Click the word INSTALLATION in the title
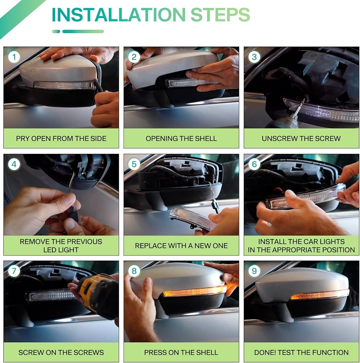(x=118, y=15)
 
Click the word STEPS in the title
(x=220, y=15)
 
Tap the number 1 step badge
(x=14, y=57)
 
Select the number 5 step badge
(x=134, y=164)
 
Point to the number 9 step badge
(x=254, y=271)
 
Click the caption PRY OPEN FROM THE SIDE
(x=61, y=138)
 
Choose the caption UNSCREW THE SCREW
(x=301, y=138)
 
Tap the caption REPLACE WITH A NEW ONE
(x=181, y=246)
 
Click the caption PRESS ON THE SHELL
(x=181, y=352)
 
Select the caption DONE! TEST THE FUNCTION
(x=302, y=352)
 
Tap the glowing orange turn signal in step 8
(x=195, y=291)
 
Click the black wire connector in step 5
(x=215, y=207)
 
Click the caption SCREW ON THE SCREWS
(x=61, y=352)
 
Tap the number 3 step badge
(x=254, y=57)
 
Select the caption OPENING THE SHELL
(x=181, y=138)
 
